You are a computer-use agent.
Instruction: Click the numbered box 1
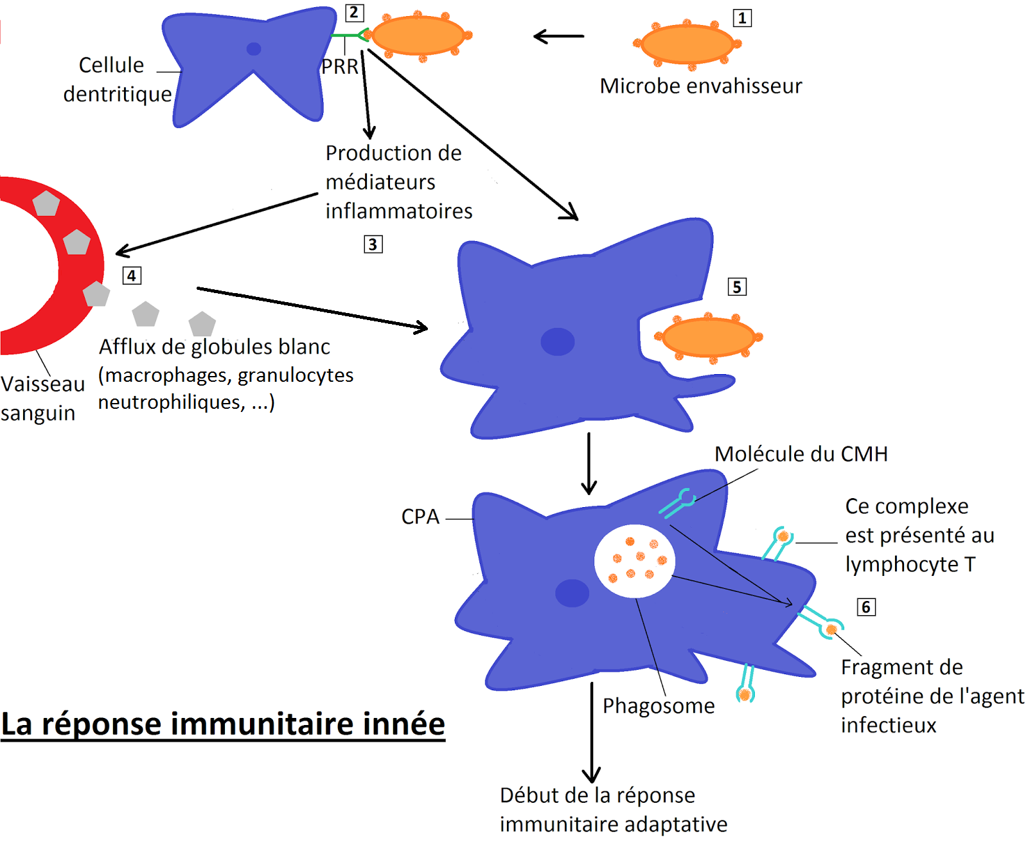coord(742,18)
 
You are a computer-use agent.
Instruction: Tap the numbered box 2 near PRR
coord(354,13)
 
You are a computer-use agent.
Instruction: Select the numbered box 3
coord(373,244)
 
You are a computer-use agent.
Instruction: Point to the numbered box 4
coord(132,276)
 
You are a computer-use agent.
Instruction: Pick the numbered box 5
coord(737,287)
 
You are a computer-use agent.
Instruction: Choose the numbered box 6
coord(866,607)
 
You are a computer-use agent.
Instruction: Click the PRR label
coord(340,66)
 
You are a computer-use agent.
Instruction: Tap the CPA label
coord(420,517)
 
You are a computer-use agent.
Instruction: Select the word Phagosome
coord(659,706)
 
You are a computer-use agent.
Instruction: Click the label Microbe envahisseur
coord(701,85)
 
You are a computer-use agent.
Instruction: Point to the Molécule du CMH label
coord(801,454)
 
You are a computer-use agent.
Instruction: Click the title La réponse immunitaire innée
coord(223,724)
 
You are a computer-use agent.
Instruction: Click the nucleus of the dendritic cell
coord(254,49)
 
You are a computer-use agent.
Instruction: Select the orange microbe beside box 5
coord(708,337)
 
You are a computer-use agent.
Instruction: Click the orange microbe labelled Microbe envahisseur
coord(687,44)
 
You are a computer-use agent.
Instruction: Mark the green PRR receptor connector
coord(348,35)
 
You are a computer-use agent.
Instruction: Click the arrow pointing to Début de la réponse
coord(592,733)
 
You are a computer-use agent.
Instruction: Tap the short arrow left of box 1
coord(559,37)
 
